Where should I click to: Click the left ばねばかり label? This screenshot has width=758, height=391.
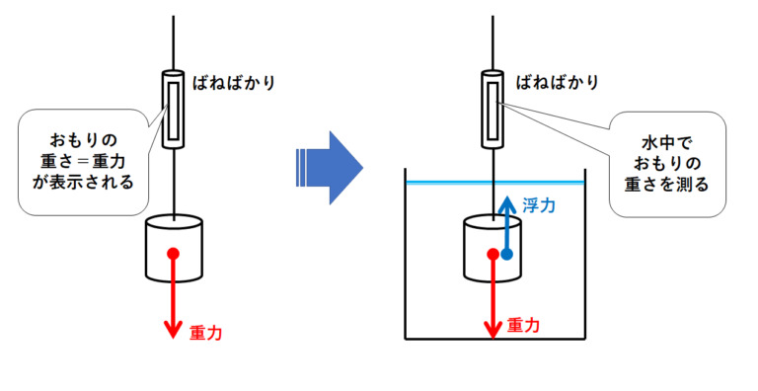tap(234, 83)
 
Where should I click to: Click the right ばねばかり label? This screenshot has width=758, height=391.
tap(558, 83)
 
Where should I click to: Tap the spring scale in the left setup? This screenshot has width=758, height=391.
tap(173, 109)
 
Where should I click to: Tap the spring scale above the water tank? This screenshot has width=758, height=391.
tap(493, 109)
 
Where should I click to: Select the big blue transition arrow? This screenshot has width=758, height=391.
tap(330, 168)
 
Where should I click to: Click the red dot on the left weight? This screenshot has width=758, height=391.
tap(173, 254)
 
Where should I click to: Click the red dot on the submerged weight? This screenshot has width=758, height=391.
tap(493, 254)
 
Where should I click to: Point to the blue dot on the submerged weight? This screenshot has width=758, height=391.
tap(506, 254)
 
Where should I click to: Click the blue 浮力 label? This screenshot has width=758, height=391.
tap(539, 205)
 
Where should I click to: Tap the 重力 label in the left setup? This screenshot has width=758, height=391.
tap(206, 333)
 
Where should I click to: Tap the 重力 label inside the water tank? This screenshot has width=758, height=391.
tap(523, 325)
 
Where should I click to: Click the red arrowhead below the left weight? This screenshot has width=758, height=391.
tap(173, 330)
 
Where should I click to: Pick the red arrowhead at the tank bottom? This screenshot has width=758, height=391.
tap(493, 330)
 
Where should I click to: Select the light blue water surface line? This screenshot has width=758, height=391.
tap(495, 183)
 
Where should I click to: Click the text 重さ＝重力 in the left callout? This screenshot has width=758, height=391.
tap(83, 161)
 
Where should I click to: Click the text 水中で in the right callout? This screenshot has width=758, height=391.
tap(667, 143)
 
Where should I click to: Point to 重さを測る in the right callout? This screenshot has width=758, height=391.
tap(667, 185)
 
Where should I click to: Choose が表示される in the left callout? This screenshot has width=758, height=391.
tap(83, 182)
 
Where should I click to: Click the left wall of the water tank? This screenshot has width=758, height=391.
tap(405, 254)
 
